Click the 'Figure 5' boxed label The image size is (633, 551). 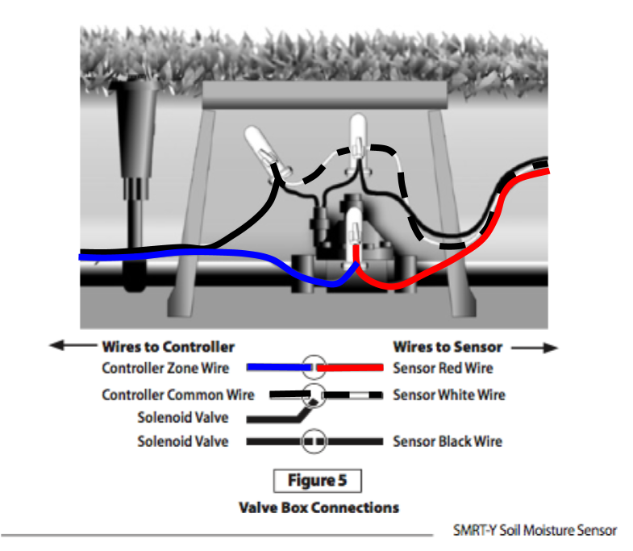coord(319,481)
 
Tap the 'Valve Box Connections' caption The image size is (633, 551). coord(319,507)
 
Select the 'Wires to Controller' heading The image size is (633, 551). coord(168,347)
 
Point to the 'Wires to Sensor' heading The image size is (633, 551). coord(448,347)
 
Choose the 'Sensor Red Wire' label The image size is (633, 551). coord(443,368)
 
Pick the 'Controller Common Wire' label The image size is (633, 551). coord(177,395)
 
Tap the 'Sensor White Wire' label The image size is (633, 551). coord(449,395)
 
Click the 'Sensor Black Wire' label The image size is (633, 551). coord(448,441)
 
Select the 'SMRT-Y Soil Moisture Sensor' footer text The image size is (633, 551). coord(535,530)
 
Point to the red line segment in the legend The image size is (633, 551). coord(350,367)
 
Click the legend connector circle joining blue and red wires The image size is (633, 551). coord(314,367)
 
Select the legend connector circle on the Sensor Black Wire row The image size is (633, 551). coord(314,442)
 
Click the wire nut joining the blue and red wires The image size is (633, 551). coord(354,234)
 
